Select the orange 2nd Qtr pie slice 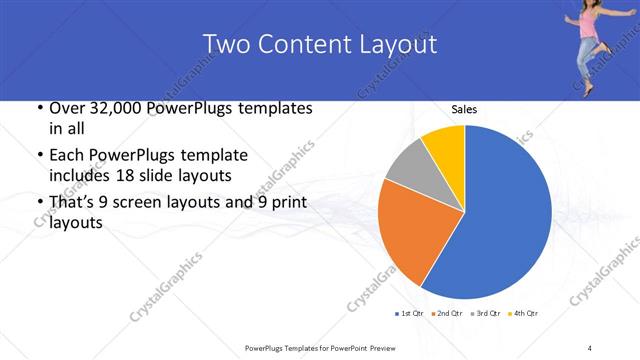pyautogui.click(x=410, y=235)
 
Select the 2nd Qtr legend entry pyautogui.click(x=446, y=314)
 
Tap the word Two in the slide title pyautogui.click(x=225, y=44)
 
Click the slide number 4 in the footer pyautogui.click(x=590, y=348)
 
